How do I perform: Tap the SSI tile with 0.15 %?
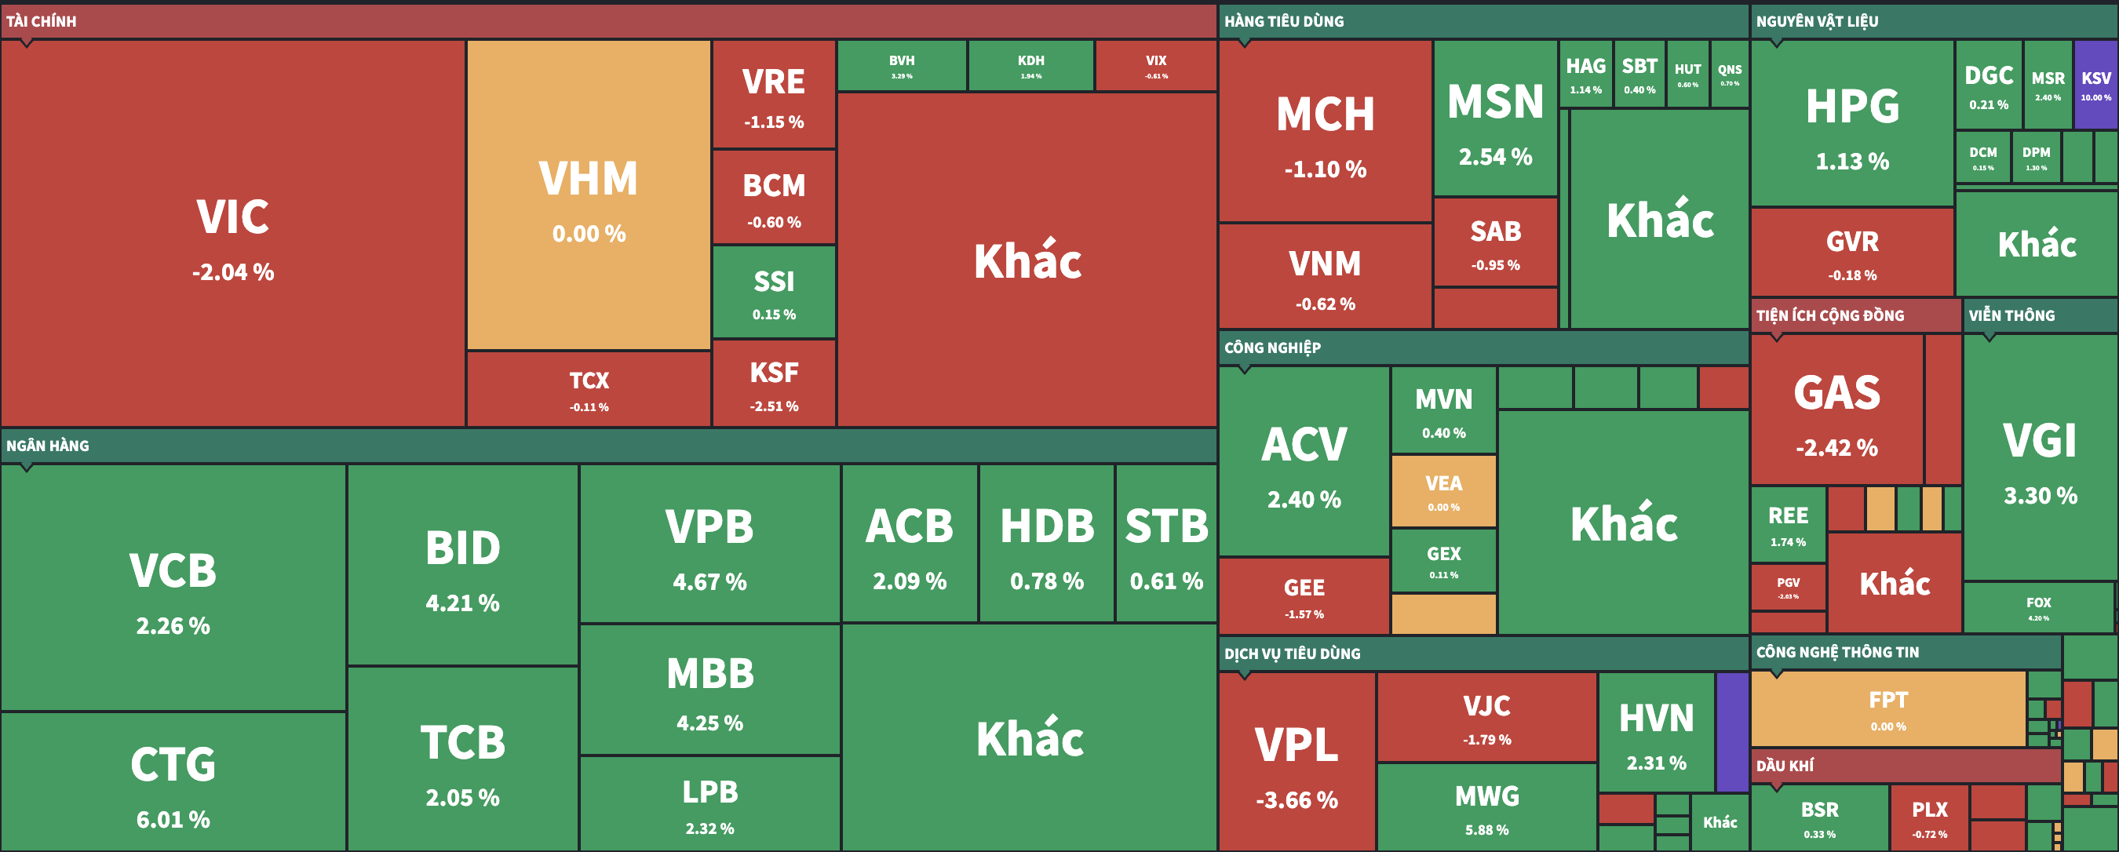click(773, 293)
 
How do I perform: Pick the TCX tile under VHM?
click(588, 389)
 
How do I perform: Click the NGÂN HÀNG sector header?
click(48, 446)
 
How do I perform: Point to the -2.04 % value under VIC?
click(233, 272)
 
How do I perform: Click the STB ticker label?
click(1165, 526)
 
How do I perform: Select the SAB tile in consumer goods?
click(1494, 242)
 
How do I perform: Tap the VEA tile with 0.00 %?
click(1442, 491)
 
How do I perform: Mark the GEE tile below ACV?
click(1304, 596)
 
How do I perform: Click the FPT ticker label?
click(1887, 700)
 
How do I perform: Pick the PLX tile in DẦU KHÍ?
click(1929, 817)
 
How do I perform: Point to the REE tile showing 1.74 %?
click(1788, 524)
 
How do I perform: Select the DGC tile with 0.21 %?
click(1988, 86)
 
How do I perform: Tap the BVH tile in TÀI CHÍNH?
click(902, 66)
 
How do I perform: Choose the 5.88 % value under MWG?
click(1486, 830)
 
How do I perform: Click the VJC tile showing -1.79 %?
click(1486, 717)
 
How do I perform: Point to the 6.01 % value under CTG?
click(173, 820)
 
